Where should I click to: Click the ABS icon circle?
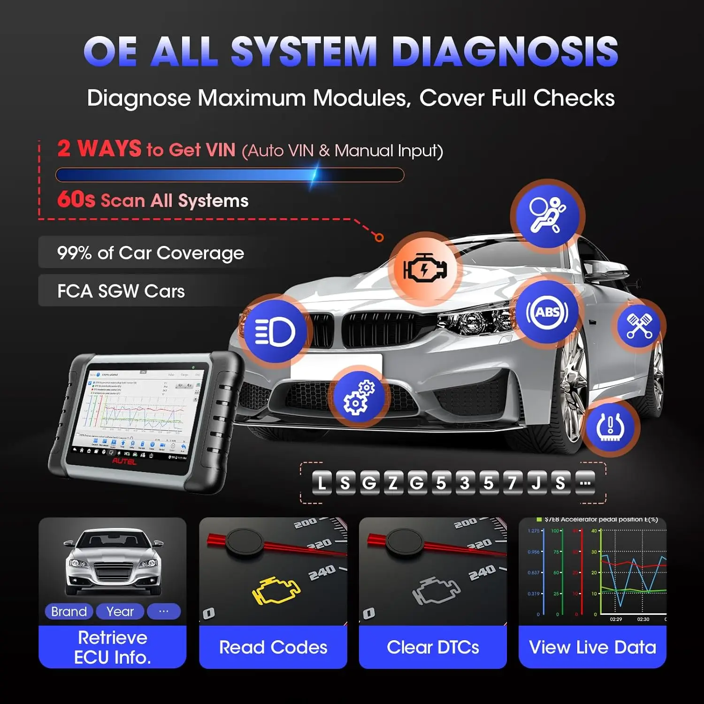pos(547,312)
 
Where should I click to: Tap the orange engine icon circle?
pos(424,269)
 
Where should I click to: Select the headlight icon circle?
pos(275,331)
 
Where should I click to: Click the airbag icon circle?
pos(547,215)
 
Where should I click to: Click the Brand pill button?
pos(69,612)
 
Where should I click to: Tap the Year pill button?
pos(120,612)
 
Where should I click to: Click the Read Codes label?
pos(273,647)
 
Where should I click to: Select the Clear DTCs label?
pos(433,647)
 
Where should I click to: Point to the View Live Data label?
pos(592,647)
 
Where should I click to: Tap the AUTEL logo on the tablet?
pos(124,461)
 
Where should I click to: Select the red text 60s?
pos(76,199)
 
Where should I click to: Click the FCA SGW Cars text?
pos(121,291)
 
